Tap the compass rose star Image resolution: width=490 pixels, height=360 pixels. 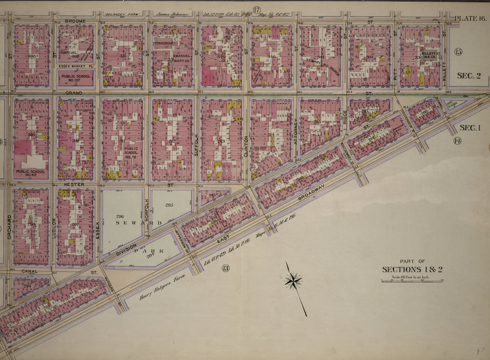[x=293, y=281]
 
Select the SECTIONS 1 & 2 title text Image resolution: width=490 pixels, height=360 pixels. [x=412, y=269]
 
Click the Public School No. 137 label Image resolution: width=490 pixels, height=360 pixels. [x=76, y=78]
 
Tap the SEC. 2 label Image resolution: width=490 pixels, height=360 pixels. [x=468, y=76]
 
